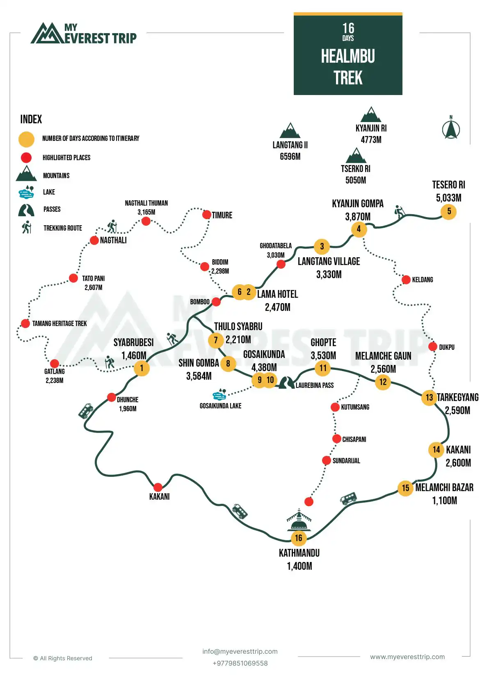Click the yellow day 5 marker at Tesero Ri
448,211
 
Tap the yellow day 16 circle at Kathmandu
299,538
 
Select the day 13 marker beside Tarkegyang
429,397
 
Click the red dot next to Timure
207,215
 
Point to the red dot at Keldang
406,279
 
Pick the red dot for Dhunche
111,397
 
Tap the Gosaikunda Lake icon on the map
219,394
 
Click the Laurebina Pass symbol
286,383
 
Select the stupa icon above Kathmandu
299,520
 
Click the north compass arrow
451,129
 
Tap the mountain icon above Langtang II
290,131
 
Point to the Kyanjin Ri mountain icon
371,115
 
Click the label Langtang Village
329,261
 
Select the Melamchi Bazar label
444,487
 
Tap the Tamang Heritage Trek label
59,324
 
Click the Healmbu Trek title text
348,67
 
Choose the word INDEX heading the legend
31,119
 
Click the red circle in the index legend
26,158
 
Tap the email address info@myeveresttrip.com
240,651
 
